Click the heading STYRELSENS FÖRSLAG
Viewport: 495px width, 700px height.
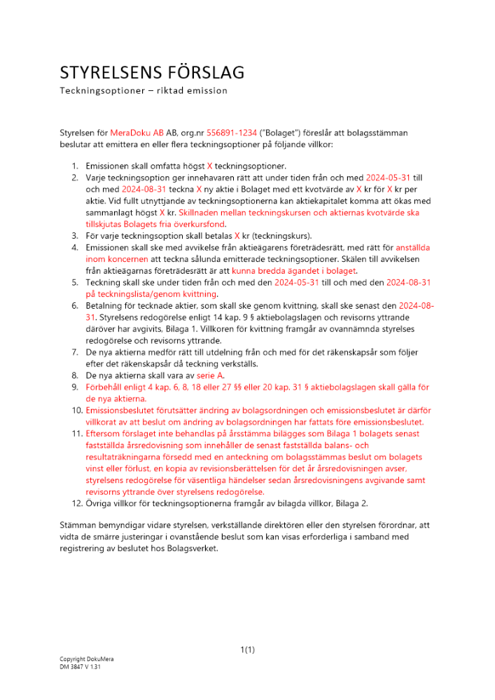pyautogui.click(x=152, y=73)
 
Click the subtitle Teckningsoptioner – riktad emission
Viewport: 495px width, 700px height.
pyautogui.click(x=144, y=91)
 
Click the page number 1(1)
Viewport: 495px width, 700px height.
pyautogui.click(x=247, y=650)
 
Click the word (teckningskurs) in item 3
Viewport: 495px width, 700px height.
pyautogui.click(x=284, y=235)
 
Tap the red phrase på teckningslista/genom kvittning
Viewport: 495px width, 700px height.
pyautogui.click(x=151, y=294)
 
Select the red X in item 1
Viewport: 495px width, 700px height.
pyautogui.click(x=209, y=166)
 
